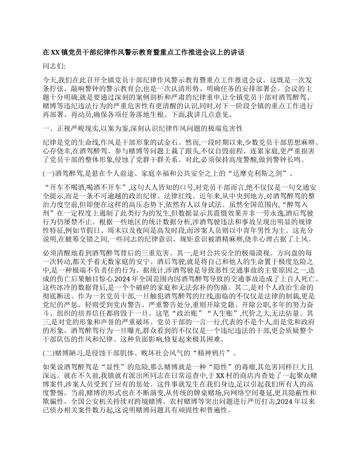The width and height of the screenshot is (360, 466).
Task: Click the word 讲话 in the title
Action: (236, 53)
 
